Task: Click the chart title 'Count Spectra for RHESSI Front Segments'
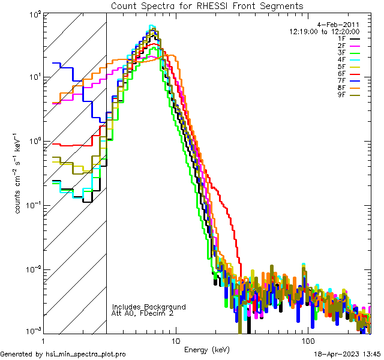click(x=207, y=5)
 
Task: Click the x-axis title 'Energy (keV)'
click(x=206, y=349)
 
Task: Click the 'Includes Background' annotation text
click(x=149, y=307)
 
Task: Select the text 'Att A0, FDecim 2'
click(x=142, y=313)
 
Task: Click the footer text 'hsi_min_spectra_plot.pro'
click(x=86, y=354)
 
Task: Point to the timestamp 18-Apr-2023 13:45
click(x=346, y=354)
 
